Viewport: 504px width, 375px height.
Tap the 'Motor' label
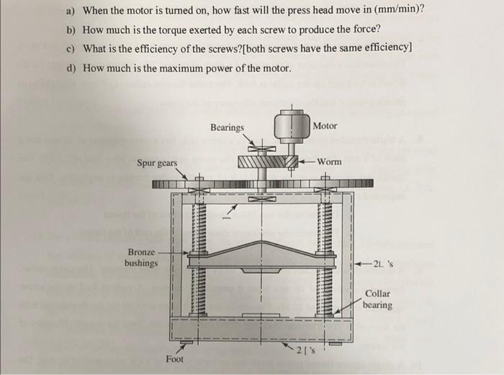[x=325, y=126]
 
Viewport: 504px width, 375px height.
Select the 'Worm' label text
[x=329, y=162]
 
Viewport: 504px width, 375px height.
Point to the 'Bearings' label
[x=227, y=127]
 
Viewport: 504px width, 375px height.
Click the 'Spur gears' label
[x=157, y=163]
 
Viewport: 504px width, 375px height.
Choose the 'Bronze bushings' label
[x=141, y=258]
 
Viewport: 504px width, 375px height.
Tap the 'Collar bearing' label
[x=377, y=299]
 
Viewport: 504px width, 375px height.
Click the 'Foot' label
[x=174, y=358]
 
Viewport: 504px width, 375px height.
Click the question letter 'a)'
[x=70, y=11]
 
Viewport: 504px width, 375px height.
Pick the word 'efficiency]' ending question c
[x=387, y=49]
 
